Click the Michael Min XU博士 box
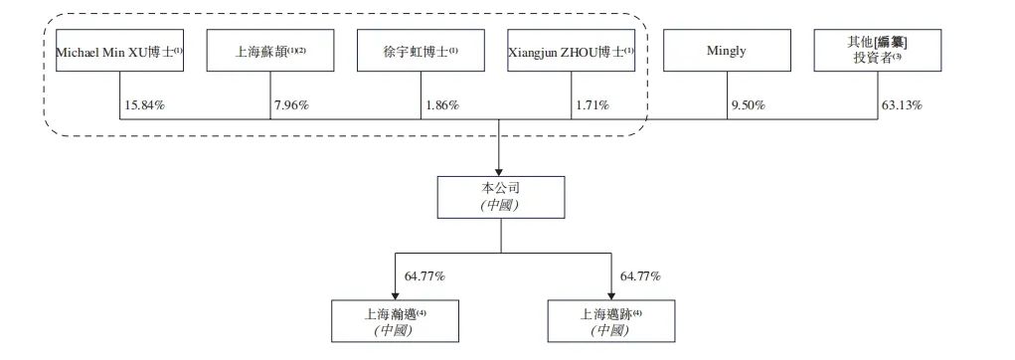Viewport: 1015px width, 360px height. tap(120, 51)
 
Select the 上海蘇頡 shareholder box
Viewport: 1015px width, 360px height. tap(271, 51)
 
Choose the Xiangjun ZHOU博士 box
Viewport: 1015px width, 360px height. tap(571, 51)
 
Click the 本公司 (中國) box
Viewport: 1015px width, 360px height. tap(500, 197)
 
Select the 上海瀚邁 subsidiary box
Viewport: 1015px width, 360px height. tap(395, 320)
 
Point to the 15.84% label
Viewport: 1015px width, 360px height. tap(144, 103)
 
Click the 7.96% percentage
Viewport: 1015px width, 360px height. tap(291, 103)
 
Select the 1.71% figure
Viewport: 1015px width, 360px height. tap(593, 103)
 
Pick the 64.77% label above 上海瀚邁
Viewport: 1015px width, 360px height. tap(424, 275)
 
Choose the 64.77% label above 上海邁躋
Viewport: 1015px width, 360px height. tap(640, 275)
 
